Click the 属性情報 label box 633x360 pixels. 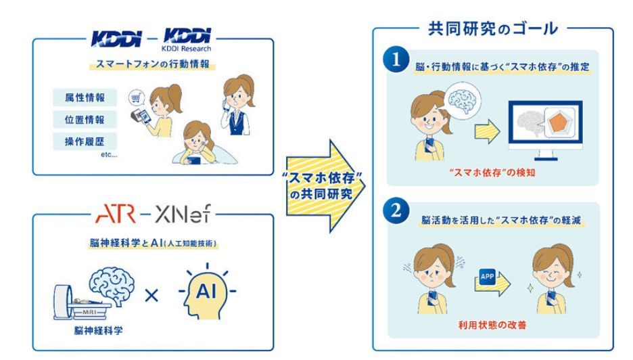85,97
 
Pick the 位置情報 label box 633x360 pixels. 85,119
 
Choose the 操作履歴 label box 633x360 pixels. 85,141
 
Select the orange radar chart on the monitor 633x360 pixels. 556,125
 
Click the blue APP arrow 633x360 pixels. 491,277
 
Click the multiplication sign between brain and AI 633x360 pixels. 152,295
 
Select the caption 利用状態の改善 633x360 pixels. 492,325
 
